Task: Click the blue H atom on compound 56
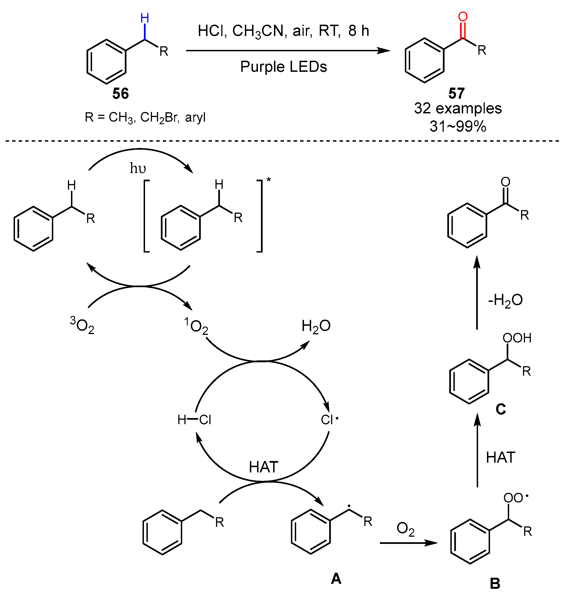pyautogui.click(x=145, y=18)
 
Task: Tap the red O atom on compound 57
pyautogui.click(x=463, y=17)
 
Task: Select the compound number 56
pyautogui.click(x=120, y=93)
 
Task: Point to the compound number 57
pyautogui.click(x=456, y=93)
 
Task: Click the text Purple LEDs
pyautogui.click(x=283, y=67)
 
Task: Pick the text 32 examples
pyautogui.click(x=458, y=108)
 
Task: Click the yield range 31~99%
pyautogui.click(x=458, y=126)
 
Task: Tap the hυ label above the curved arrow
pyautogui.click(x=138, y=168)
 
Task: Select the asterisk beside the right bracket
pyautogui.click(x=268, y=180)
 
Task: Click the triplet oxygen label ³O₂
pyautogui.click(x=82, y=325)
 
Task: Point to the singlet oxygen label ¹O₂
pyautogui.click(x=196, y=327)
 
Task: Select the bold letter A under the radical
pyautogui.click(x=336, y=579)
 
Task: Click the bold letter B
pyautogui.click(x=495, y=584)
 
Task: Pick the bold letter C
pyautogui.click(x=501, y=409)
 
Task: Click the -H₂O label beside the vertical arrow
pyautogui.click(x=505, y=300)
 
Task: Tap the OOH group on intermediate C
pyautogui.click(x=517, y=338)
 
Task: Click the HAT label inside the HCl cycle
pyautogui.click(x=263, y=467)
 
